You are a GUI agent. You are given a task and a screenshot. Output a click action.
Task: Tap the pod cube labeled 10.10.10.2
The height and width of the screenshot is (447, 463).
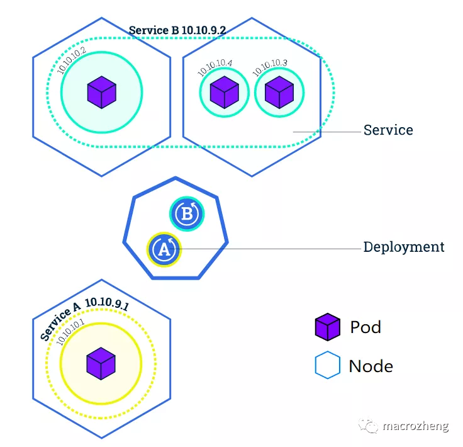[101, 92]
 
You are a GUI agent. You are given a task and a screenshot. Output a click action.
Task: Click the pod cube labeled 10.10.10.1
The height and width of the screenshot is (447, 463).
[101, 364]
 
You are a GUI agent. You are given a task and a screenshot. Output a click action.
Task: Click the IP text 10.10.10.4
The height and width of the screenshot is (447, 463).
[215, 68]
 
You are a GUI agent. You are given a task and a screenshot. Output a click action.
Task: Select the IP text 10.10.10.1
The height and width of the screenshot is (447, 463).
[71, 331]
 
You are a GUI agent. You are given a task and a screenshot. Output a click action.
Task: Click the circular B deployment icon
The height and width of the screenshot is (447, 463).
[187, 214]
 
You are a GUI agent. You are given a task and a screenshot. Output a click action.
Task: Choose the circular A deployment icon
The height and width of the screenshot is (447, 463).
[164, 249]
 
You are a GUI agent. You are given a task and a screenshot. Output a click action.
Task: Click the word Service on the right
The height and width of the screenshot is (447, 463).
[388, 130]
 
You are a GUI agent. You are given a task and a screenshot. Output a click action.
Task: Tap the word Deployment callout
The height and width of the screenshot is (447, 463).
[404, 247]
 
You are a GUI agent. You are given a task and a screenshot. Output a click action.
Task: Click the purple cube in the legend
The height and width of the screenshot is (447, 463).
[327, 327]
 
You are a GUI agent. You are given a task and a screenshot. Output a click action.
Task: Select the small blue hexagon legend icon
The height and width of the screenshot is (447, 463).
[327, 366]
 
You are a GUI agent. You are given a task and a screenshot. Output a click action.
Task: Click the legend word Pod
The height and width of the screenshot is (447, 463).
[365, 327]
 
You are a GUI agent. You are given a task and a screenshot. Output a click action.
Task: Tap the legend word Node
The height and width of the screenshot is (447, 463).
[371, 366]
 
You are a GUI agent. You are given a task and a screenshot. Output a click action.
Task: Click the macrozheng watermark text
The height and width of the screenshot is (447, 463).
[415, 426]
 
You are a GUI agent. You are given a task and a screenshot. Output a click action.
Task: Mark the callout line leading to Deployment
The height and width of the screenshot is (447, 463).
[271, 249]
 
